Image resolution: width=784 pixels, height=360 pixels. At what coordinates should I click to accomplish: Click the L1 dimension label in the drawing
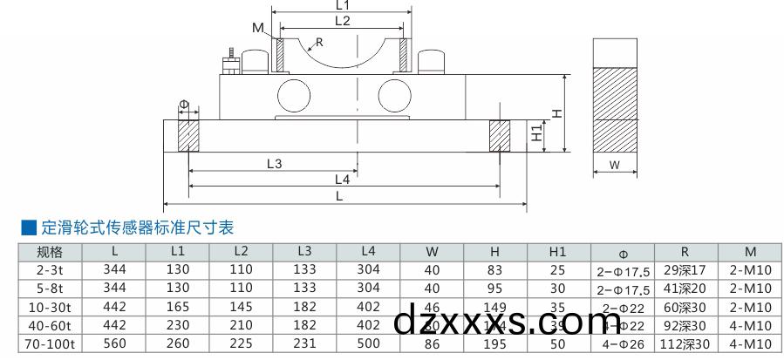pyautogui.click(x=342, y=4)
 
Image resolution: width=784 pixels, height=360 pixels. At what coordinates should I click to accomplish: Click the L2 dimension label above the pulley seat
pyautogui.click(x=342, y=20)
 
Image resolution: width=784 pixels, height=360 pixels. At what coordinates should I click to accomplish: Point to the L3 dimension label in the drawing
pyautogui.click(x=274, y=163)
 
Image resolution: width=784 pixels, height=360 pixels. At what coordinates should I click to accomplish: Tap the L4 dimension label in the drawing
pyautogui.click(x=342, y=180)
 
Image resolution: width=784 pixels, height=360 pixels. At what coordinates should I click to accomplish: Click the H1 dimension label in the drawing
pyautogui.click(x=537, y=134)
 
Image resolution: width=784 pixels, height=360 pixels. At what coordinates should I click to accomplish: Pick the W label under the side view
pyautogui.click(x=614, y=165)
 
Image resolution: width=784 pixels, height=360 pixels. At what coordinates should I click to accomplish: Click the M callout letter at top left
pyautogui.click(x=258, y=28)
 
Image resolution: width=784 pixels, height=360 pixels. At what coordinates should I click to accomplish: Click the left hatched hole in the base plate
pyautogui.click(x=188, y=136)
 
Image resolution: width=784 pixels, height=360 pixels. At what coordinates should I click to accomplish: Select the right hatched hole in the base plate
pyautogui.click(x=499, y=136)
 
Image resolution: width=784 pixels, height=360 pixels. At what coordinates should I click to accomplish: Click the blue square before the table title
pyautogui.click(x=29, y=228)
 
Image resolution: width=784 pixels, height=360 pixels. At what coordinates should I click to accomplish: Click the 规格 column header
pyautogui.click(x=51, y=252)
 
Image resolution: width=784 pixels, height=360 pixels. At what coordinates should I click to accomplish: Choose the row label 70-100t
pyautogui.click(x=51, y=343)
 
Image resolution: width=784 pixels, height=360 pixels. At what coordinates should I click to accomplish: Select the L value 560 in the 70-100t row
pyautogui.click(x=115, y=343)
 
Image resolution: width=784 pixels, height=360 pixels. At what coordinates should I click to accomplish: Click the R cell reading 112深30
pyautogui.click(x=685, y=343)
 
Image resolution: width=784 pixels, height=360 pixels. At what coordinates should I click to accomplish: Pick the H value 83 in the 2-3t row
pyautogui.click(x=495, y=270)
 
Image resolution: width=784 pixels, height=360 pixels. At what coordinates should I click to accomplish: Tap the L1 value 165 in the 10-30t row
pyautogui.click(x=178, y=307)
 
